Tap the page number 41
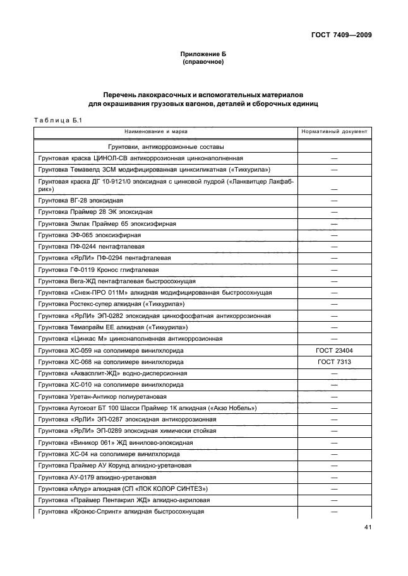367,529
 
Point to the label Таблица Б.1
55,120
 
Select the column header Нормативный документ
334,132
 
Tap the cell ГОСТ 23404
334,350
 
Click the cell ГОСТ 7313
334,361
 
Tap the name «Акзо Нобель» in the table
234,408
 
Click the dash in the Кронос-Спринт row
334,512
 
